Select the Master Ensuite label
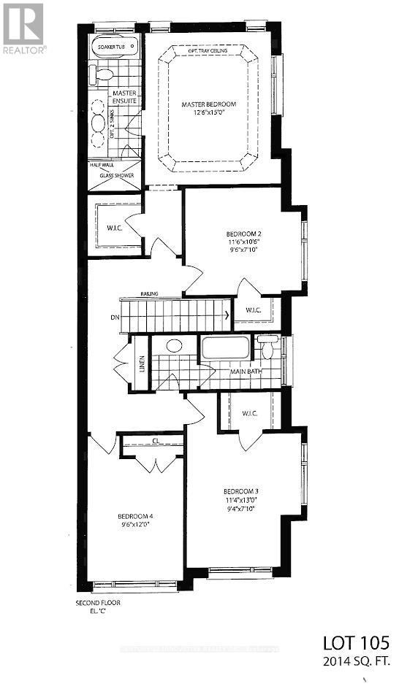point(124,96)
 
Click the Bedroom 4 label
point(136,515)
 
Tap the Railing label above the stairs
point(151,294)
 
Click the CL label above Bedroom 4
point(156,440)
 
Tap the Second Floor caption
point(98,603)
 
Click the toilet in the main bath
point(267,348)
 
